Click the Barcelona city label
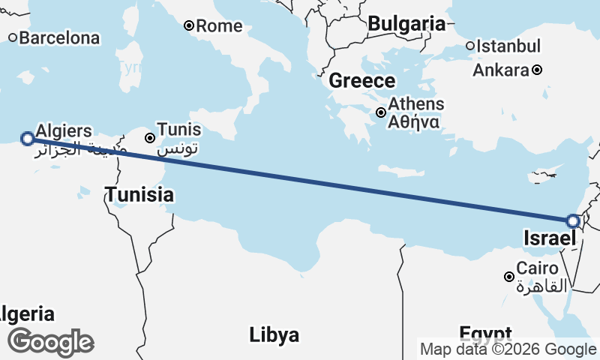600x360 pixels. click(59, 37)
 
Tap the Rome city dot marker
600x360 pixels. click(189, 26)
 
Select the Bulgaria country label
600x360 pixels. click(406, 23)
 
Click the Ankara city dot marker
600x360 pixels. click(538, 70)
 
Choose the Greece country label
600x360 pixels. click(361, 81)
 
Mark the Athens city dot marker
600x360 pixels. click(382, 112)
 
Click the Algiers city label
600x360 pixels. click(64, 130)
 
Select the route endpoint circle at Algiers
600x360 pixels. click(28, 138)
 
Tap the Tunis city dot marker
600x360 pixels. click(151, 138)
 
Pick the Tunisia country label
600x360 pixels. click(139, 196)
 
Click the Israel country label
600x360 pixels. click(550, 239)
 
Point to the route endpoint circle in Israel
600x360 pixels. click(573, 221)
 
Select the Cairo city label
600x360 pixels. click(537, 268)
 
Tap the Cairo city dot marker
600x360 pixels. click(509, 277)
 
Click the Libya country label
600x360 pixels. click(274, 334)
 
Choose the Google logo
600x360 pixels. click(50, 342)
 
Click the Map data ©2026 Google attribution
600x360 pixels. click(508, 349)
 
